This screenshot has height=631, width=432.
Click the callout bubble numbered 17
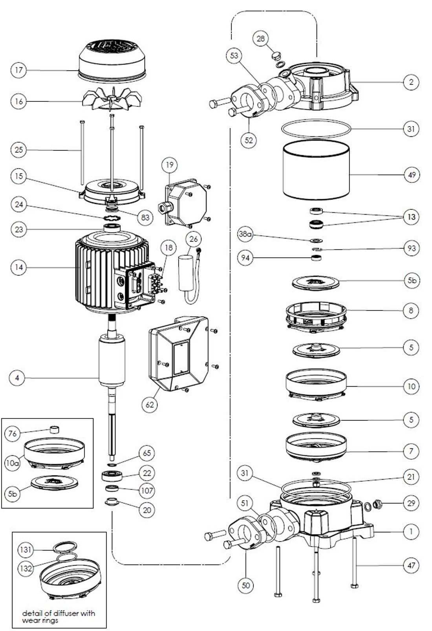pyautogui.click(x=18, y=71)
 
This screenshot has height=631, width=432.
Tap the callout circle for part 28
pyautogui.click(x=261, y=39)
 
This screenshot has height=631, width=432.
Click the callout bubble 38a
pyautogui.click(x=245, y=235)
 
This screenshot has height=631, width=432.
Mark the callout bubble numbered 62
pyautogui.click(x=150, y=404)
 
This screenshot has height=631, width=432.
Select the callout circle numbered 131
pyautogui.click(x=26, y=550)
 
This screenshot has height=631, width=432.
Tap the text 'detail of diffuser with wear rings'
pyautogui.click(x=59, y=616)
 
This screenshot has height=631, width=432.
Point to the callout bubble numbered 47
pyautogui.click(x=412, y=565)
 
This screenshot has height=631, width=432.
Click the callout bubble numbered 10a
pyautogui.click(x=12, y=463)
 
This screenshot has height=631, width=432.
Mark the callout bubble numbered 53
pyautogui.click(x=234, y=55)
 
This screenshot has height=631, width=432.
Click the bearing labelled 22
pyautogui.click(x=112, y=475)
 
